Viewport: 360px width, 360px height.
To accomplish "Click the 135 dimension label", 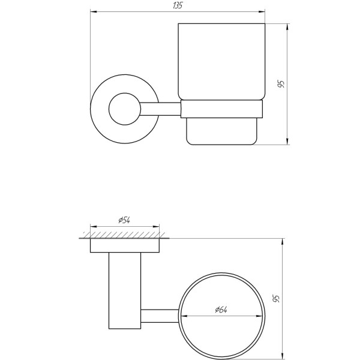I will [177, 5].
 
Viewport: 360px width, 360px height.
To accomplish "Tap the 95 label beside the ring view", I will [277, 298].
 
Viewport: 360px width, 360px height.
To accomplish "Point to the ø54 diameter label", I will [124, 221].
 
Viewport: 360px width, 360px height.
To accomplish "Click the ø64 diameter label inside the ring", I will [221, 310].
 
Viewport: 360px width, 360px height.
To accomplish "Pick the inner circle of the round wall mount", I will [124, 109].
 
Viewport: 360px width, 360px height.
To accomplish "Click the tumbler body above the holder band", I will [221, 60].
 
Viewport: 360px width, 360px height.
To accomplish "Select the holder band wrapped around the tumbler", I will [221, 109].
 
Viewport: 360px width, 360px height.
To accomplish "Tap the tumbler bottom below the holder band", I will [221, 131].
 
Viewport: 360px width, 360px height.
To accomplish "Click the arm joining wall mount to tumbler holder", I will [160, 109].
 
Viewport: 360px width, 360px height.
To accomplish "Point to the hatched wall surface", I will [124, 233].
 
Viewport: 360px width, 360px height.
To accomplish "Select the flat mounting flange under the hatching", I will [124, 245].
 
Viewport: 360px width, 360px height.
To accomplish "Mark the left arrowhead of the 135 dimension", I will [94, 11].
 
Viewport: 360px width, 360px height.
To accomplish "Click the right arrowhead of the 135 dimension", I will [262, 11].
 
